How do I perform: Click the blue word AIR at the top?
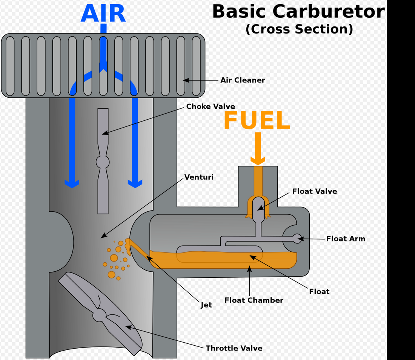[103, 14]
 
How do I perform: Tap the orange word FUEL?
[257, 121]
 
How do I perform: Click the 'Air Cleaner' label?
[243, 80]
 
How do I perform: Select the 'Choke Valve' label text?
[211, 106]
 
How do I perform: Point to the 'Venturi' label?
[199, 177]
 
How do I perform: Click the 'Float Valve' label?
[314, 191]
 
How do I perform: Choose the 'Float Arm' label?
[346, 238]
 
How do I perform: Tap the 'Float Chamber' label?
[254, 300]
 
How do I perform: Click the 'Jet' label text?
[206, 305]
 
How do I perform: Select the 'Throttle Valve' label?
[234, 348]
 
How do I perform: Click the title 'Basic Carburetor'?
[298, 11]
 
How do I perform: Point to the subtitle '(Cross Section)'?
[299, 29]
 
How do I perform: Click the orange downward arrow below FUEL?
[258, 149]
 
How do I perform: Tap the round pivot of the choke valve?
[103, 162]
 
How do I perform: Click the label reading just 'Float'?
[319, 291]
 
